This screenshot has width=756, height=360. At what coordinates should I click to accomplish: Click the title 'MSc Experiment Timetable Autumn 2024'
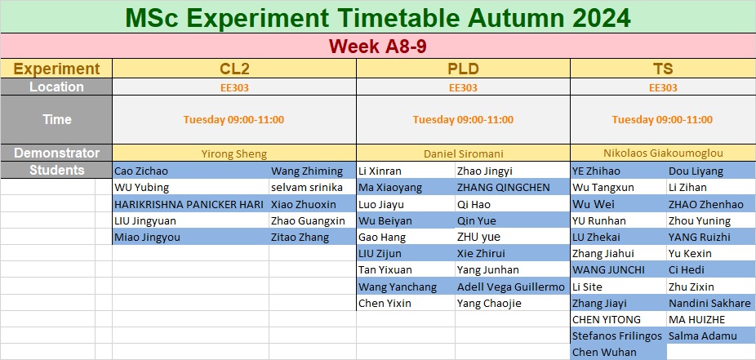coord(377,18)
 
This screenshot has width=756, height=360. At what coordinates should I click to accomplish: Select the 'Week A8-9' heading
coord(377,47)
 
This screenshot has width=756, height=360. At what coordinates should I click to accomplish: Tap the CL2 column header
coord(234,69)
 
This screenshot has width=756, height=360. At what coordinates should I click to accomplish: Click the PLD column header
coord(463,69)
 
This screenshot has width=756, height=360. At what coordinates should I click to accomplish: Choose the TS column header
coord(662,69)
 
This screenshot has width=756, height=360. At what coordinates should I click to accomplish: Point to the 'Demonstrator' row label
coord(57,153)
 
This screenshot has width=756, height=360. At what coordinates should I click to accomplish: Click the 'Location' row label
coord(56,87)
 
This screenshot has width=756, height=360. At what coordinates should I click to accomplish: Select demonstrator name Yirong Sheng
coord(233,153)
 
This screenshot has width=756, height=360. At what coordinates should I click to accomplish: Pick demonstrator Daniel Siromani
coord(464,153)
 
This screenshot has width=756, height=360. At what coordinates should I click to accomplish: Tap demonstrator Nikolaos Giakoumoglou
coord(663,153)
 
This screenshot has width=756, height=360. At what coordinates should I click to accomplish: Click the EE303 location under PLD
coord(463,87)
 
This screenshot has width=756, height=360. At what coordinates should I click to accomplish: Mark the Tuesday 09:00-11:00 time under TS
coord(662,119)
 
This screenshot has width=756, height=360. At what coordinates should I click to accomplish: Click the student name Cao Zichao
coord(141,171)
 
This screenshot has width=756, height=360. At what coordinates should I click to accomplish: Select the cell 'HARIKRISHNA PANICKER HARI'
coord(189,204)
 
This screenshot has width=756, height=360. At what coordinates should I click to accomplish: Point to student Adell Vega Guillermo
coord(510,287)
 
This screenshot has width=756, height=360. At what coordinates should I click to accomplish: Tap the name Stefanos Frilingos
coord(616,336)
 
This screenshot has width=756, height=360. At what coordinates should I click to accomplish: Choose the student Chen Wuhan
coord(604,353)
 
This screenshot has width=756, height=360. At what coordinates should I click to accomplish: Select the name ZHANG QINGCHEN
coord(503,188)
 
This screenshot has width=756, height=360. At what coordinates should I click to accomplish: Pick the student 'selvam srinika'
coord(307,188)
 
